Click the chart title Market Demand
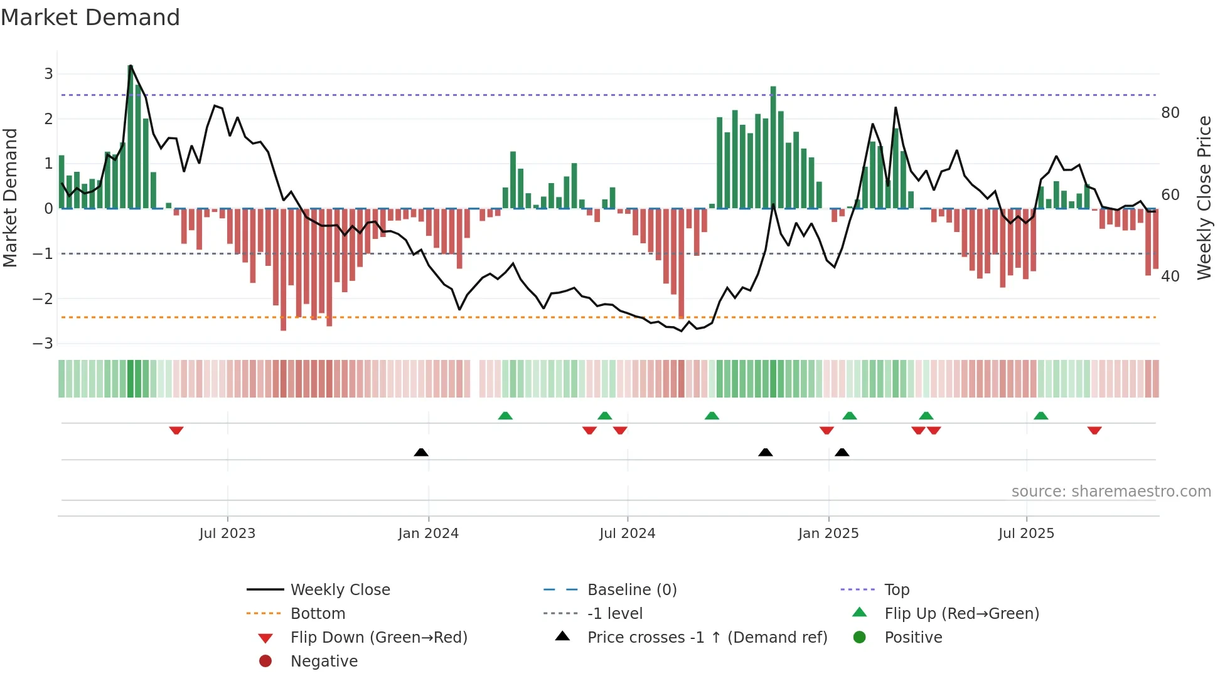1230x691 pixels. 90,18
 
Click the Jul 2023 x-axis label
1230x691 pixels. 227,534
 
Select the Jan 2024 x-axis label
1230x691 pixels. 428,534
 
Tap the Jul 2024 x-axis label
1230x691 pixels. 627,534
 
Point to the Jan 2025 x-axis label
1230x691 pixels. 828,534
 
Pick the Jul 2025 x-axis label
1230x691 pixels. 1026,534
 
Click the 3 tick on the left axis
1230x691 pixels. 48,74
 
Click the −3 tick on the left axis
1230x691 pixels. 43,344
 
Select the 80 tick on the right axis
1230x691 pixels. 1170,113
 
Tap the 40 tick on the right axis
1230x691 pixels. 1170,277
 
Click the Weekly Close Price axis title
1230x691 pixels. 1204,198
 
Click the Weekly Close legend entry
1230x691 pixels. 340,590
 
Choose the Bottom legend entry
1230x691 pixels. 318,614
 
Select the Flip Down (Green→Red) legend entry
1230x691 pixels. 378,638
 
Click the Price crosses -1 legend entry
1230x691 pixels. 707,638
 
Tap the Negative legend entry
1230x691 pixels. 324,662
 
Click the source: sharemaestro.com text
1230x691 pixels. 1111,492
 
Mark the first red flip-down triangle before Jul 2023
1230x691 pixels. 176,430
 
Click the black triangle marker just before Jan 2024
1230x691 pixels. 421,452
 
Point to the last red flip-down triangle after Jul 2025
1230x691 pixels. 1094,430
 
